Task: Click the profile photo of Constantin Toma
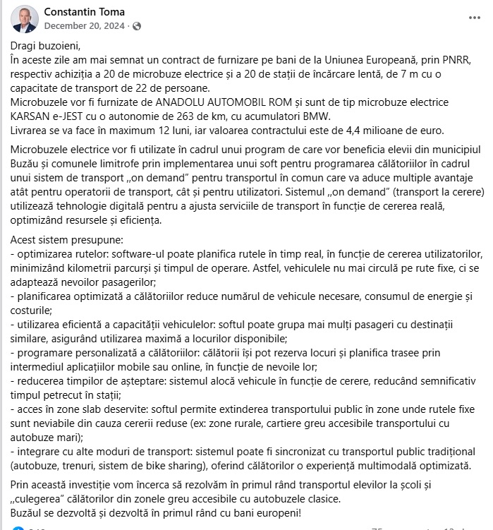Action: click(23, 19)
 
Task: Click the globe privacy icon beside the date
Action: click(137, 26)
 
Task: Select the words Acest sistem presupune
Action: click(66, 239)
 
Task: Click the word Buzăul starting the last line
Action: click(29, 513)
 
